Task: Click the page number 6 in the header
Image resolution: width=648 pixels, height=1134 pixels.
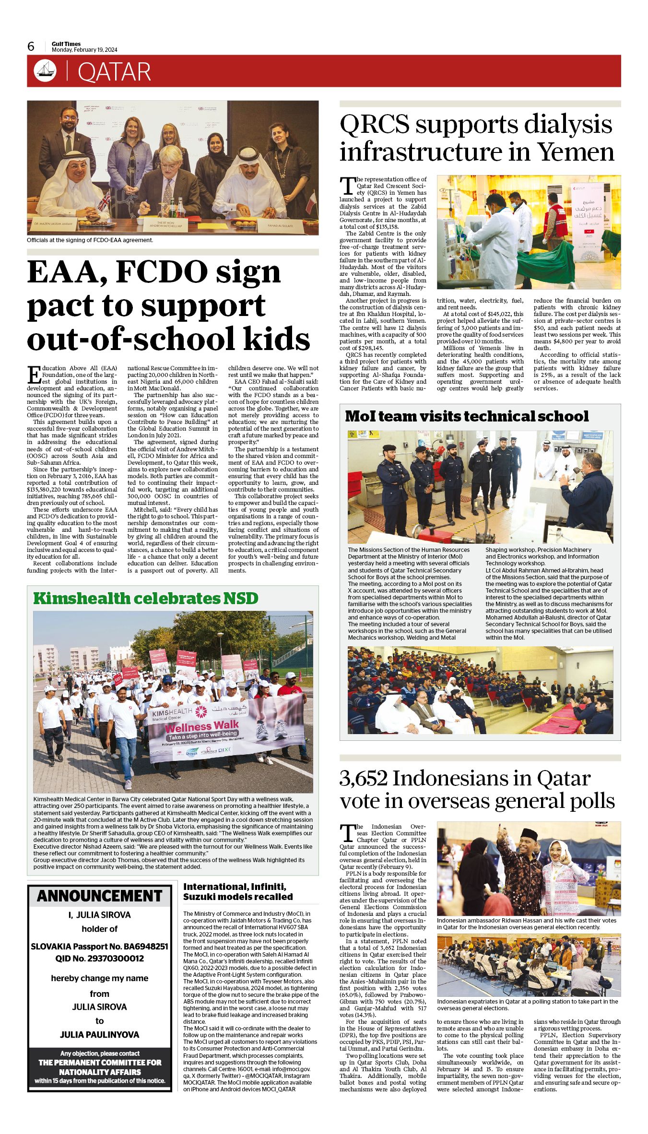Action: pyautogui.click(x=31, y=47)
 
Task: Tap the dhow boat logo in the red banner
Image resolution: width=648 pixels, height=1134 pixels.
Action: pyautogui.click(x=45, y=71)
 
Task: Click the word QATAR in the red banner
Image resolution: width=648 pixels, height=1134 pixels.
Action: pyautogui.click(x=114, y=72)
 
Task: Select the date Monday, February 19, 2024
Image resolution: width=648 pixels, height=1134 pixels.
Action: pyautogui.click(x=84, y=50)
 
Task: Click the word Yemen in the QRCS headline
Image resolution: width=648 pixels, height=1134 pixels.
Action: pyautogui.click(x=576, y=152)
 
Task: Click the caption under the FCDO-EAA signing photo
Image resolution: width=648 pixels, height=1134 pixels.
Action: pyautogui.click(x=90, y=240)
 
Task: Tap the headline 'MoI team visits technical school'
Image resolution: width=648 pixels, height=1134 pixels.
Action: pyautogui.click(x=467, y=416)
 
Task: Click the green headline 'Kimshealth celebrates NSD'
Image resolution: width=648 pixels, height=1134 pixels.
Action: pyautogui.click(x=146, y=598)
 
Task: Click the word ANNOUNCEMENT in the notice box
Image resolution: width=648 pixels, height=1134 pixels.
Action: pyautogui.click(x=100, y=896)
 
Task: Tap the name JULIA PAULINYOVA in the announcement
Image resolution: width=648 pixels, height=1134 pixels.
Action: pyautogui.click(x=100, y=1035)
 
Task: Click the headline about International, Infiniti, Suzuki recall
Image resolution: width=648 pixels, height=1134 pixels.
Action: pyautogui.click(x=238, y=892)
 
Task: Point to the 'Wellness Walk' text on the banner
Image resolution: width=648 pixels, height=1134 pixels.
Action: pyautogui.click(x=202, y=726)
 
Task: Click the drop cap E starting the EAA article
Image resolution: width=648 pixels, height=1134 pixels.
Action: pyautogui.click(x=34, y=374)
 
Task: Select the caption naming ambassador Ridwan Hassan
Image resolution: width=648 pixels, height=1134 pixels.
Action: pyautogui.click(x=526, y=924)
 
